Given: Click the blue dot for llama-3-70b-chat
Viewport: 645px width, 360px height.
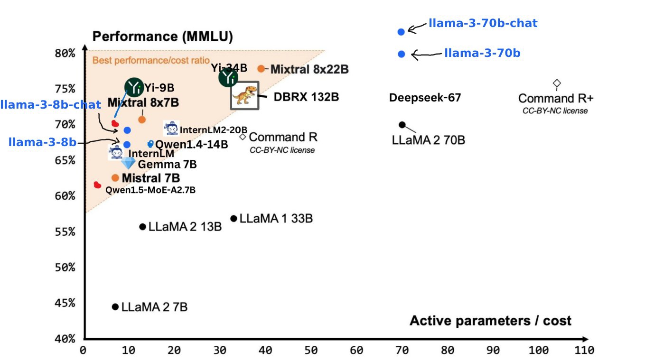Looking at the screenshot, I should coord(401,32).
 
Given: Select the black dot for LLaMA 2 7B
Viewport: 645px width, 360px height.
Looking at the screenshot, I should coord(115,307).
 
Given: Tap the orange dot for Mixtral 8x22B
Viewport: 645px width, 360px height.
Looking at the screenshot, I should coord(261,69).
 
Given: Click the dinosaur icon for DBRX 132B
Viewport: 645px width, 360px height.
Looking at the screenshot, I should coord(244,95).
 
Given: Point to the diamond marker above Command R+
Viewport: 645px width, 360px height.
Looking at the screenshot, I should coord(557,84).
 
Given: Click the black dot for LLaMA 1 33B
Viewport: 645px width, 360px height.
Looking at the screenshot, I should coord(234,219).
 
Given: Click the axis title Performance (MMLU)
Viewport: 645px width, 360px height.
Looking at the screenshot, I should coord(162,37).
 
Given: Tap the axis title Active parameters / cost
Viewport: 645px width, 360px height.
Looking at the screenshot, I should coord(490,321).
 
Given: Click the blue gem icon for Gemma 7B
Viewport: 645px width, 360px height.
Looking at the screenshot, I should coord(128,163).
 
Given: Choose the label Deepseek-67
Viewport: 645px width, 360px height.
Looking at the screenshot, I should coord(425,98).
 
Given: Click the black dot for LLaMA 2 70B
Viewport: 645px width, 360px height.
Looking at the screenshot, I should coord(402,125).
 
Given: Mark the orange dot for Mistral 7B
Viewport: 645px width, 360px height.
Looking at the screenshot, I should coord(115,178).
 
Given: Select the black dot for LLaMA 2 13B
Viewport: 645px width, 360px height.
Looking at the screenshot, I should coord(142,227).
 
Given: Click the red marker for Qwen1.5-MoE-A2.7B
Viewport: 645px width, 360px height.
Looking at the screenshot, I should coord(97,185).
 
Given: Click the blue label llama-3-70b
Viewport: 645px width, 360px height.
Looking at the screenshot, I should coord(482,53).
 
